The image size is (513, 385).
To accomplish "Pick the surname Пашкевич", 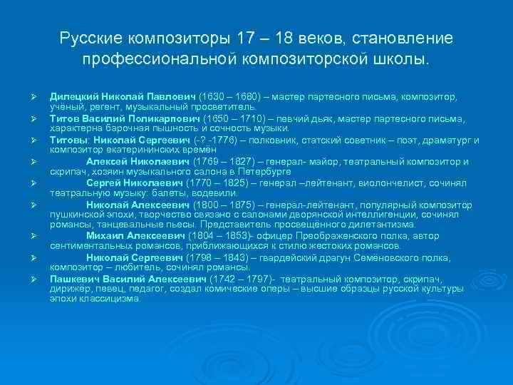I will click(x=74, y=279).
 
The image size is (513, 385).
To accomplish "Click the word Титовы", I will click(x=68, y=140).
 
